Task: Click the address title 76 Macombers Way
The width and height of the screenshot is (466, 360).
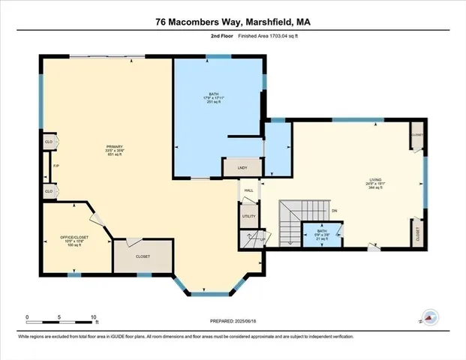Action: click(233, 22)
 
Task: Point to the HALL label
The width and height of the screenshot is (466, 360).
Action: click(248, 191)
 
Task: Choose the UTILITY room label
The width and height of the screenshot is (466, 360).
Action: click(248, 216)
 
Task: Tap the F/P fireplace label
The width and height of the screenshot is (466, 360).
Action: click(55, 166)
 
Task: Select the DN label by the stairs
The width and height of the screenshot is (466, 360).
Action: click(335, 211)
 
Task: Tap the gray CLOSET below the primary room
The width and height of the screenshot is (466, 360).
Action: click(143, 256)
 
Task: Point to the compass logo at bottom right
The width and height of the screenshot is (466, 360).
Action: click(430, 318)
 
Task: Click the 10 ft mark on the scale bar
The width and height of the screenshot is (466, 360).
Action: click(93, 316)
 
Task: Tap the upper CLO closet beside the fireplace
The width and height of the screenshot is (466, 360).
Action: click(49, 141)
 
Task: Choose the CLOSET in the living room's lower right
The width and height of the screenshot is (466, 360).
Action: click(416, 232)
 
